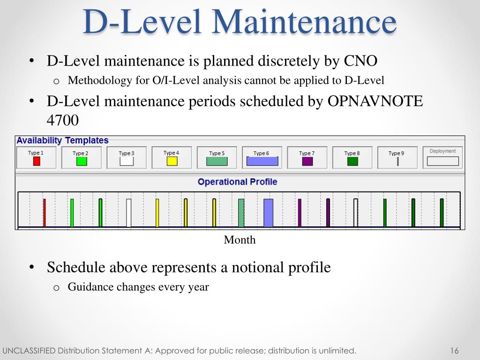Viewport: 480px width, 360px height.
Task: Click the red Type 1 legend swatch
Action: (37, 161)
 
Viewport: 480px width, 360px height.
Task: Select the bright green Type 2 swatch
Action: (82, 161)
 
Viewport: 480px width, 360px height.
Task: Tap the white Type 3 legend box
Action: (127, 161)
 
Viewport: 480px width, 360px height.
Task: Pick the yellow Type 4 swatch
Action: (172, 161)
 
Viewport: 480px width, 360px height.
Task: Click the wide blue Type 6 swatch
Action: (262, 161)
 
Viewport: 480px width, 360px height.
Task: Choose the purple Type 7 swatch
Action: (307, 161)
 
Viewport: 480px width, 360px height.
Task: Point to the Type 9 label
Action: (396, 153)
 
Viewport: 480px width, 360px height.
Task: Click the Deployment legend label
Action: (442, 151)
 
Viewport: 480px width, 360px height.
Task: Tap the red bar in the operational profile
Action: (45, 213)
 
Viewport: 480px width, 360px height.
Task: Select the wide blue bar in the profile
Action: (268, 213)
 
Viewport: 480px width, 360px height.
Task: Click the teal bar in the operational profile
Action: (241, 213)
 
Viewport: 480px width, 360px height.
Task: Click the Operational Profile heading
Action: (237, 182)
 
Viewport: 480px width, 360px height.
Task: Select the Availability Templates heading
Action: (62, 141)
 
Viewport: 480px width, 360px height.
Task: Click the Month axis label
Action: (240, 240)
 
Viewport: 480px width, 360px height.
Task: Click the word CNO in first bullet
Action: (360, 61)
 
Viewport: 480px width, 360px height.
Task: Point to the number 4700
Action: (62, 120)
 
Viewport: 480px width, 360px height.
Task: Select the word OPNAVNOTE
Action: (375, 101)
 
